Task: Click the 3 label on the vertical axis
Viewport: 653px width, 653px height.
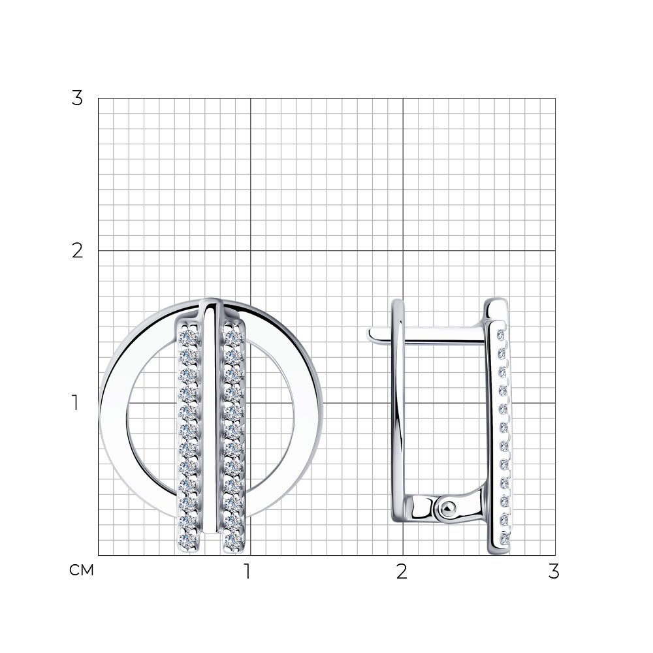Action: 77,99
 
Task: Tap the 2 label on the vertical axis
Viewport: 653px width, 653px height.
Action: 77,251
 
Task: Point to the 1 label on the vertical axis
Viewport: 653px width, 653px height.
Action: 75,403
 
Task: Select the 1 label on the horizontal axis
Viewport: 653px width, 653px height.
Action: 247,571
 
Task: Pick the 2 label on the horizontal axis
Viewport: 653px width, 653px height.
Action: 402,571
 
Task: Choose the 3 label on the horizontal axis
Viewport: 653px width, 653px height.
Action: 554,571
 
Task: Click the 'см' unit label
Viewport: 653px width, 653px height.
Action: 82,570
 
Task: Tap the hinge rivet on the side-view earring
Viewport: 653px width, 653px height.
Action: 446,507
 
